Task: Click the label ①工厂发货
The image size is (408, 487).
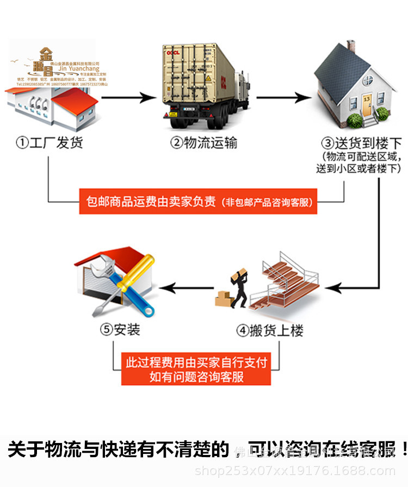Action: (x=50, y=143)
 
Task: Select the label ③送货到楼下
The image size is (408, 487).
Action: (x=361, y=143)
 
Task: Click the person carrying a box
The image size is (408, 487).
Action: (x=240, y=288)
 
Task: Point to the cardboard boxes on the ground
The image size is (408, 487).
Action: (x=223, y=298)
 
